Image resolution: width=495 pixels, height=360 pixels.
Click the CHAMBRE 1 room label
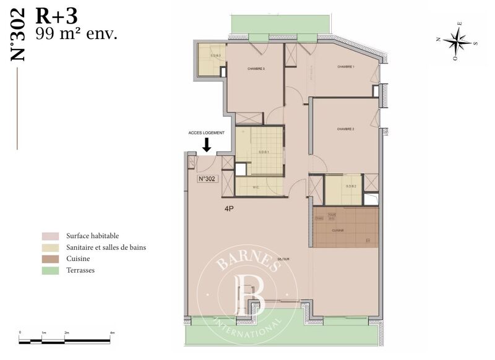tap(345, 67)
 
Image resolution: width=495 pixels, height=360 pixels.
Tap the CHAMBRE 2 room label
tap(345, 129)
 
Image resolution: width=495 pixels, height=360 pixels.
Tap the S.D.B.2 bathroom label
tap(350, 186)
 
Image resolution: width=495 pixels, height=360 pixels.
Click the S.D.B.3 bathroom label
tap(215, 56)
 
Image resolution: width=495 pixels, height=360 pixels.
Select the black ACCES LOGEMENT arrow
tap(207, 145)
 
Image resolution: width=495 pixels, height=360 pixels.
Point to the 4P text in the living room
tap(230, 209)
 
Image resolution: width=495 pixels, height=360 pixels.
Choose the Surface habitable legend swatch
tap(50, 236)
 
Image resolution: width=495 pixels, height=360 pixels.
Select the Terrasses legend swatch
tap(50, 270)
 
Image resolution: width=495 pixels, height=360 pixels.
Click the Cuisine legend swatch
tap(50, 259)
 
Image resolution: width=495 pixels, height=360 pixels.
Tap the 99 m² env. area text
tap(76, 33)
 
